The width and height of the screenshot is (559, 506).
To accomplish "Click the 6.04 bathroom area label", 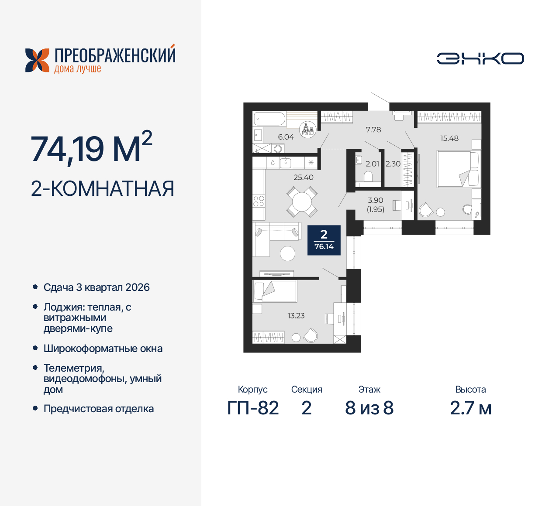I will point(286,137).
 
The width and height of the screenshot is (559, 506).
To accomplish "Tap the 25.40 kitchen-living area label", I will point(304,178).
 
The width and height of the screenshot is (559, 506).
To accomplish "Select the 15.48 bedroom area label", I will point(449,138).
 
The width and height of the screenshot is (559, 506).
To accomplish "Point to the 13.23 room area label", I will point(296,315).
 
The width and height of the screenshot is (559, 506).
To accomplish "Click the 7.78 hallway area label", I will point(373,130).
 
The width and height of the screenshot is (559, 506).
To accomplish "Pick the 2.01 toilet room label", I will point(373,164).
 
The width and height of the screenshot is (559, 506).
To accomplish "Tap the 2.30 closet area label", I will point(393,164).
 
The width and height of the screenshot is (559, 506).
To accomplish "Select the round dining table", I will point(302,202).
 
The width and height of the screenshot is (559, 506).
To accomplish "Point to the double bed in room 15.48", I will point(458,169).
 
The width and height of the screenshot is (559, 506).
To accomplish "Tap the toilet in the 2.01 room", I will point(368,177).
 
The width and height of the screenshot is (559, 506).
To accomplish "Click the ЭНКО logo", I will point(480,58).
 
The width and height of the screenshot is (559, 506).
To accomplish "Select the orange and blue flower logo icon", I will point(37,60).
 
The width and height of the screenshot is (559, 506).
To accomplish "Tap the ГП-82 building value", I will point(253,408).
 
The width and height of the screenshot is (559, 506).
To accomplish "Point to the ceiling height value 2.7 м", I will point(471,408).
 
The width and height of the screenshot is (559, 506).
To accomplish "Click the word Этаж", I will point(369,390).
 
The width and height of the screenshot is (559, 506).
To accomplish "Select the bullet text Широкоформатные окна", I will point(103,349).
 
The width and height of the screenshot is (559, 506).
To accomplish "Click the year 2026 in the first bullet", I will point(137,287).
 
